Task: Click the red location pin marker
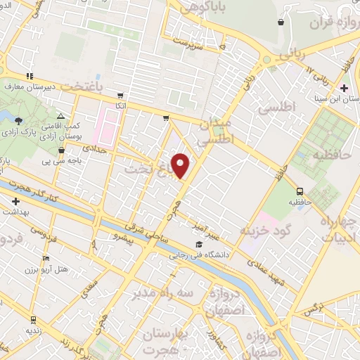[181, 165]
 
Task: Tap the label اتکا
[121, 105]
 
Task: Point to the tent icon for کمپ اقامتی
[60, 116]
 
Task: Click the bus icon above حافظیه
[300, 191]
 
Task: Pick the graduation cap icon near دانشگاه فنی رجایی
[209, 244]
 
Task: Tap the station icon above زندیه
[31, 318]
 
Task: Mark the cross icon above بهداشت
[15, 201]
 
